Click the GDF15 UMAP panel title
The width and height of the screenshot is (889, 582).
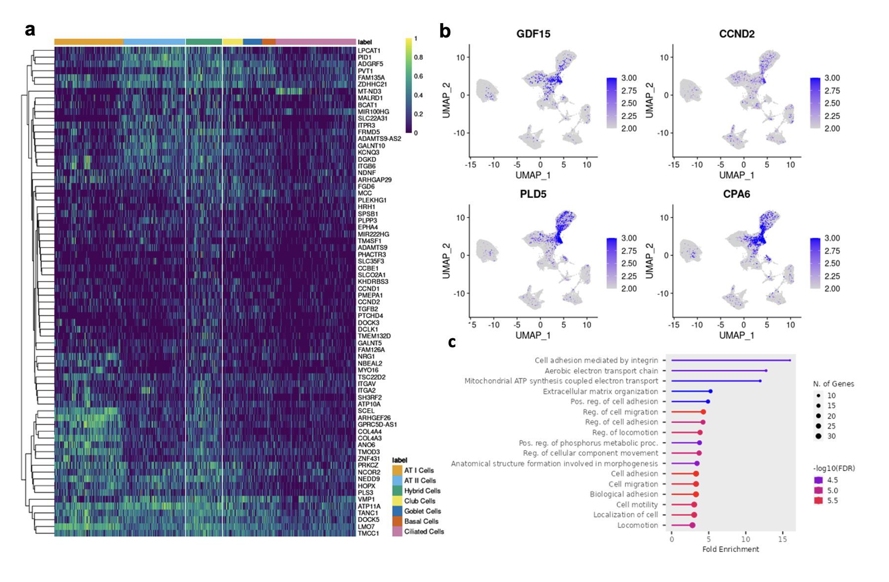(x=533, y=34)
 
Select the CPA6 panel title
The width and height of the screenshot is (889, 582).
(x=736, y=194)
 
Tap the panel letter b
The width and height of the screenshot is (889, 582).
(x=445, y=32)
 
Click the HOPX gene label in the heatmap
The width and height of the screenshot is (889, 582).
(x=367, y=486)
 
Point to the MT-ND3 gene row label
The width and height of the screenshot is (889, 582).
(x=370, y=91)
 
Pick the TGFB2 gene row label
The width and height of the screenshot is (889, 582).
(x=368, y=309)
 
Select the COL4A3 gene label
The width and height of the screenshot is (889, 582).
(x=370, y=438)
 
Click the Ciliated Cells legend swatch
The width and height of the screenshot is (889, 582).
(x=397, y=532)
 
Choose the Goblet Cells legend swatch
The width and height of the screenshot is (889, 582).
(x=397, y=511)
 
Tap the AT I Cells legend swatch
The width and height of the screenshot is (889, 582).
(x=397, y=471)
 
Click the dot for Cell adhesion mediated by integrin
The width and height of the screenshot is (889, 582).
(x=790, y=361)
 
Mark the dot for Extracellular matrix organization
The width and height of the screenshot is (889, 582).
(x=710, y=391)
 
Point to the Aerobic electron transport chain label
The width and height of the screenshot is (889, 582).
(x=601, y=371)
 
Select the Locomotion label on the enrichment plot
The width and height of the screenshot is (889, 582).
(x=637, y=525)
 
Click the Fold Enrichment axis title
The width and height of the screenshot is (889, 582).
(x=730, y=549)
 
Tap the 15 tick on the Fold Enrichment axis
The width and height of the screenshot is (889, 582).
(x=782, y=539)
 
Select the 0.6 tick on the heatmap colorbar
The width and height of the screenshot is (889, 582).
(x=418, y=76)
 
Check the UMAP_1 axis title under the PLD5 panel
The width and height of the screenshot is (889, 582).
(x=533, y=335)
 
